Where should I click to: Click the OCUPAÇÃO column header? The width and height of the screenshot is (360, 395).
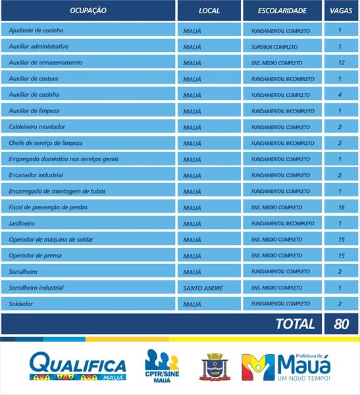88,11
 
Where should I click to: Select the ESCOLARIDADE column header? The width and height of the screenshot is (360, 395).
282,11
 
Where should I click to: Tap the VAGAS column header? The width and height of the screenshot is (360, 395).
340,11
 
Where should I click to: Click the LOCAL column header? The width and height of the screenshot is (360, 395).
209,11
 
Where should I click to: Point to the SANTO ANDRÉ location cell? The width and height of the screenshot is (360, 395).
203,288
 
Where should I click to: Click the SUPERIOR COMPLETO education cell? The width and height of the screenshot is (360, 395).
274,47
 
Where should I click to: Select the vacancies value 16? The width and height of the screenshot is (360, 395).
340,207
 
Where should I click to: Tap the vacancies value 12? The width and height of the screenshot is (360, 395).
340,63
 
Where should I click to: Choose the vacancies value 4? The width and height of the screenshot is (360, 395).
340,95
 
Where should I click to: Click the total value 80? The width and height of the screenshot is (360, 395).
340,324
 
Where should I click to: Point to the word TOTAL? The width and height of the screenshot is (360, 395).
295,324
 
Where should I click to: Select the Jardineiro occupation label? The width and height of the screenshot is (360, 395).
22,224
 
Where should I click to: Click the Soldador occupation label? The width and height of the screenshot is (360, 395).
21,304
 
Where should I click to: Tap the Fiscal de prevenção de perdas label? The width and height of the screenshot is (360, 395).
48,207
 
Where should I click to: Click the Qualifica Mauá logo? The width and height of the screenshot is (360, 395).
77,367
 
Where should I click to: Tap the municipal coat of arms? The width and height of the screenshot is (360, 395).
213,367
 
